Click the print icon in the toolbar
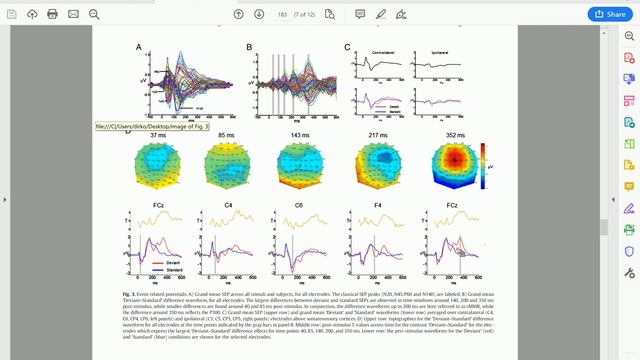52,14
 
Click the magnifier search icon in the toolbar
94,14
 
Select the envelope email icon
73,14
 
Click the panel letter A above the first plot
139,47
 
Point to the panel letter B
249,47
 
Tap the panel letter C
347,47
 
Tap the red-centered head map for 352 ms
456,165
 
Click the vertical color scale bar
485,164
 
